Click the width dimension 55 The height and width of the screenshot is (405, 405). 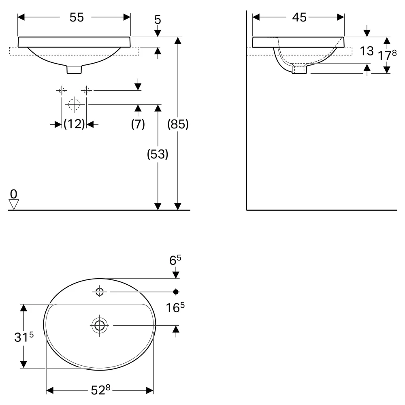point(77,17)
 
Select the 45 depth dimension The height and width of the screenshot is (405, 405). point(299,17)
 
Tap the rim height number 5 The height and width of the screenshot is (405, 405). point(158,20)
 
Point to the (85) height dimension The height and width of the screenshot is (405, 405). point(178,124)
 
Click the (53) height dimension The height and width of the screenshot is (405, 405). point(158,154)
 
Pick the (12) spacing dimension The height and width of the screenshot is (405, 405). point(74,124)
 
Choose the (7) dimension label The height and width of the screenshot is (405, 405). point(138,124)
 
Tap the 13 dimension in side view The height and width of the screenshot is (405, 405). point(367,51)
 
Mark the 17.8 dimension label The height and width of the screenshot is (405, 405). point(387,55)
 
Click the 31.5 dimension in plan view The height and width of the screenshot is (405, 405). point(24,337)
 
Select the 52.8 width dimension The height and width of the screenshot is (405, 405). point(100,390)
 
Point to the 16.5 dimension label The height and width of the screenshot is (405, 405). point(175,307)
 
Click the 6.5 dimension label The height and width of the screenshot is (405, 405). point(175,260)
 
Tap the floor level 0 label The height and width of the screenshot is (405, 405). point(14,194)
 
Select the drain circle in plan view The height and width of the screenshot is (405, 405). point(100,326)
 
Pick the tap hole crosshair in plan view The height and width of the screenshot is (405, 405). point(100,292)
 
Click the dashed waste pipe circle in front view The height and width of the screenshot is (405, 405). point(74,104)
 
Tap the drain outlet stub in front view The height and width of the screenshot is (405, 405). point(74,69)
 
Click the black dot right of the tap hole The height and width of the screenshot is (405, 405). point(176,292)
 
